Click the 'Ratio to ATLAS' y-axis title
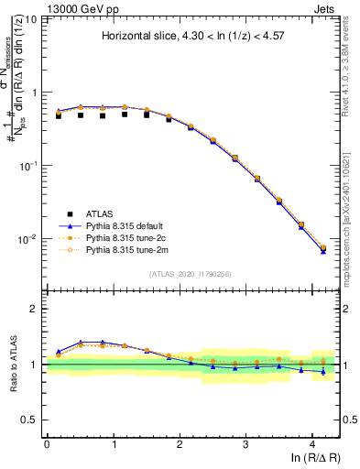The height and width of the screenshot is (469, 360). tap(13, 364)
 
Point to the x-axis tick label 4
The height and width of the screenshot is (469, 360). tap(313, 443)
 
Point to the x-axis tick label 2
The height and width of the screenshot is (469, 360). tap(180, 443)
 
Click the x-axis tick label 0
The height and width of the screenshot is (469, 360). tap(47, 443)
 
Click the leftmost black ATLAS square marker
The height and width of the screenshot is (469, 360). tap(59, 116)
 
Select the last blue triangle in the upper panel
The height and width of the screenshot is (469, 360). tap(322, 250)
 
